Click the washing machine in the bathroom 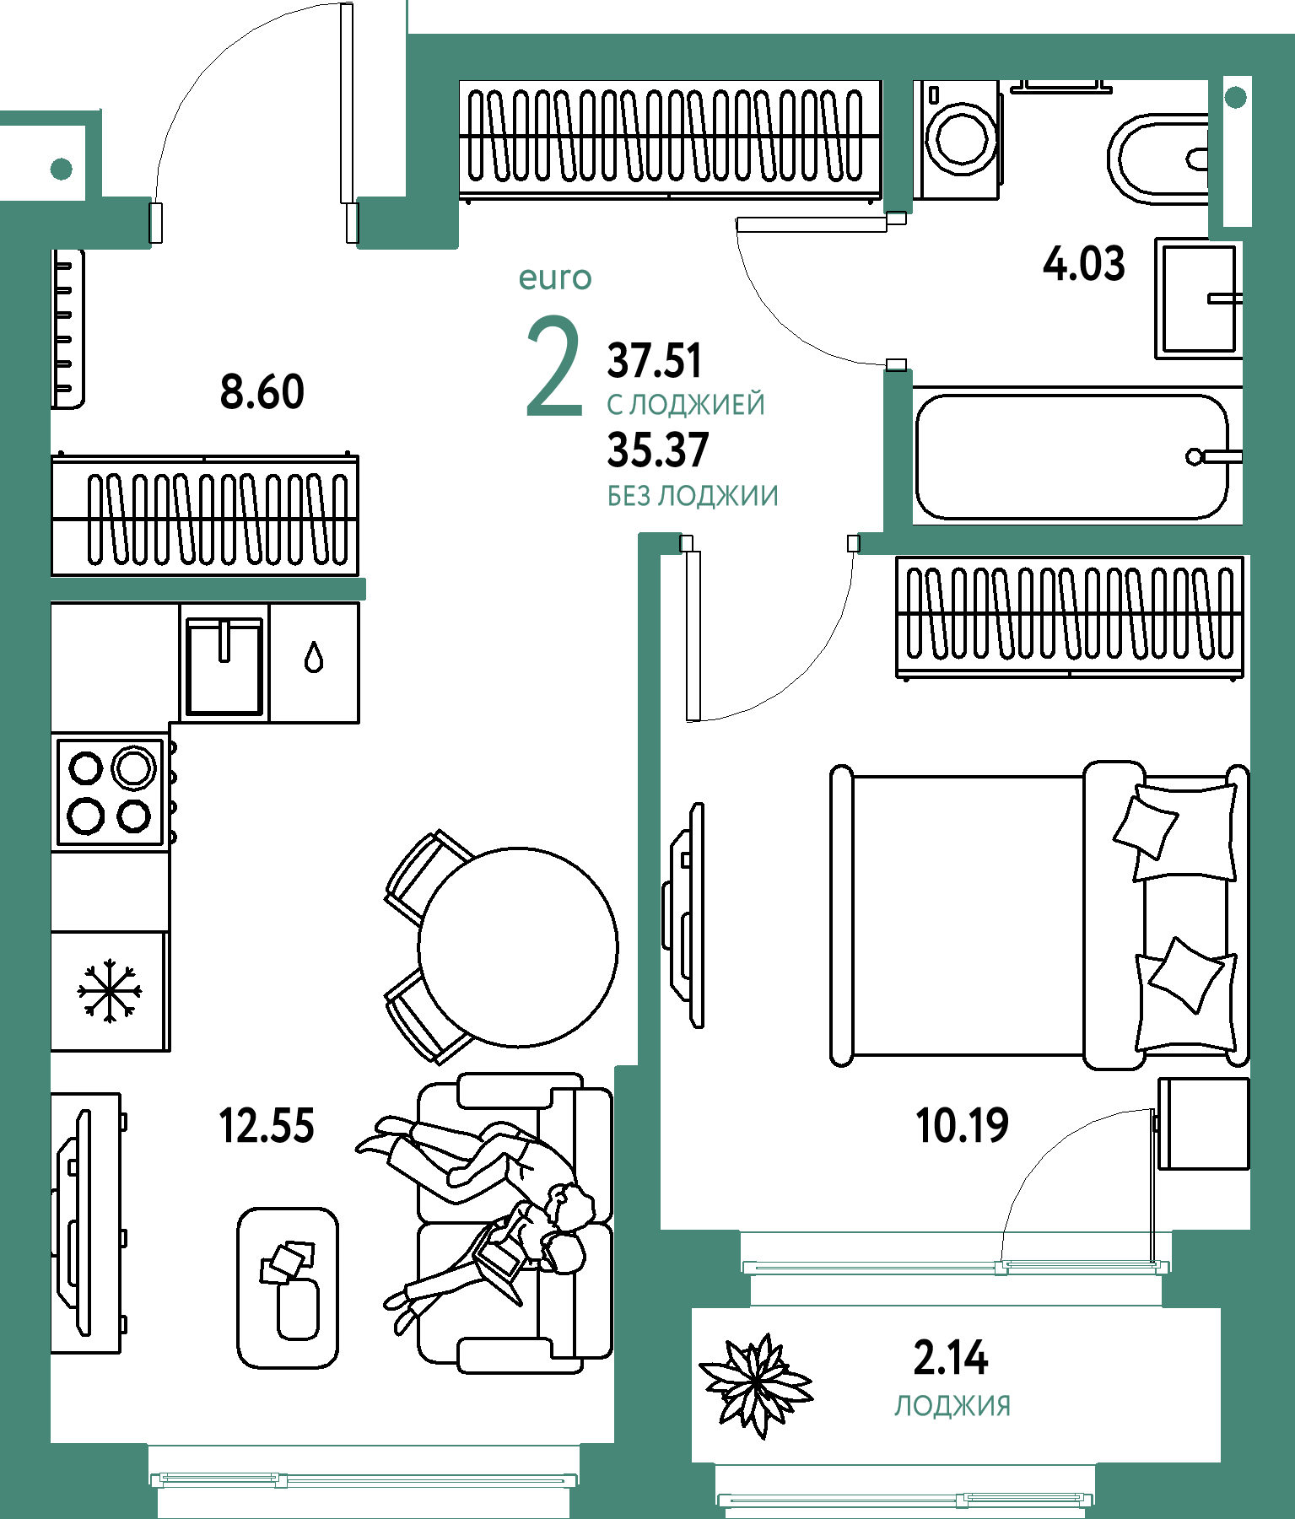(x=958, y=140)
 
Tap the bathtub (x=1072, y=456)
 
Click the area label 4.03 (x=1084, y=264)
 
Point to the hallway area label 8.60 (x=262, y=392)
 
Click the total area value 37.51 (x=655, y=360)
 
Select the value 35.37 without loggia (x=658, y=450)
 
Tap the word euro (x=555, y=277)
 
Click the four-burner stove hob (x=110, y=791)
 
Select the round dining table (x=518, y=947)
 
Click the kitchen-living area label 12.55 (x=267, y=1126)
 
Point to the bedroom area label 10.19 (x=963, y=1125)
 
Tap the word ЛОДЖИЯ (x=952, y=1406)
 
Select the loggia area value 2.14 (x=951, y=1357)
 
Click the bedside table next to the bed (x=1204, y=1123)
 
